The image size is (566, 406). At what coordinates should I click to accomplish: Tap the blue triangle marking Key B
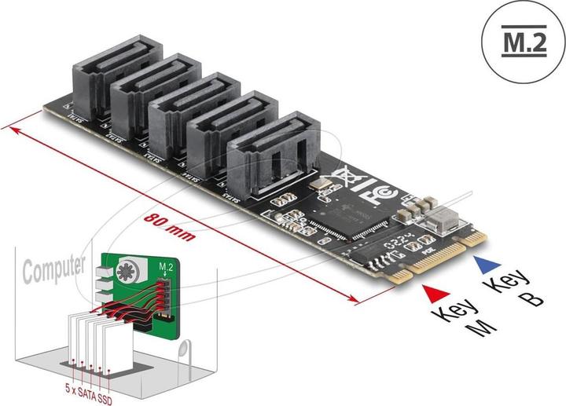(x=480, y=266)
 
